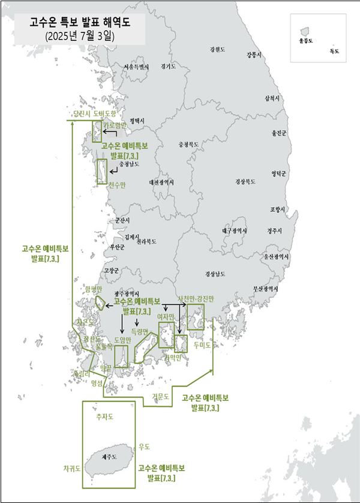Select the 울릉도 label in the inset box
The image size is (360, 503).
305,40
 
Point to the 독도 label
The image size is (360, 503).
334,52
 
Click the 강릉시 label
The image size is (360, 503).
254,55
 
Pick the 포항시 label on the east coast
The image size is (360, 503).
278,209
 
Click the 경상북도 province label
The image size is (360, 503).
246,181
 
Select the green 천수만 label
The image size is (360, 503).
116,185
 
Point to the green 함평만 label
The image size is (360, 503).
94,289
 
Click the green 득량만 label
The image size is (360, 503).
139,331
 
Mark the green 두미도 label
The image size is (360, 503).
202,346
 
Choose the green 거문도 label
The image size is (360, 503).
161,397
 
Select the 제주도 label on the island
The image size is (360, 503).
109,457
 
